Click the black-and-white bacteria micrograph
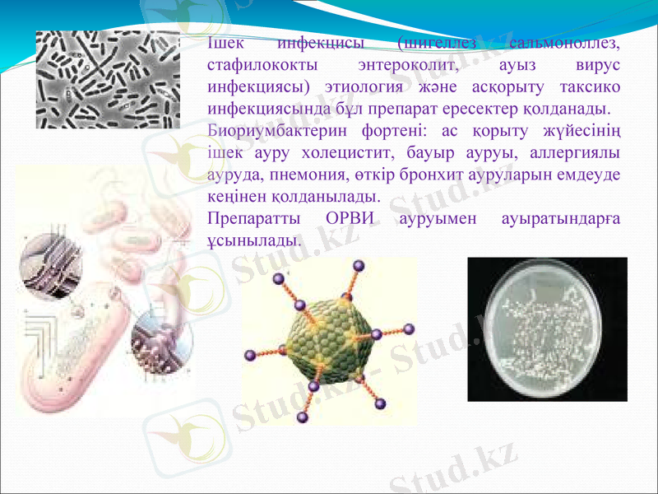[108, 79]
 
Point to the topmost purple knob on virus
[358, 265]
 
